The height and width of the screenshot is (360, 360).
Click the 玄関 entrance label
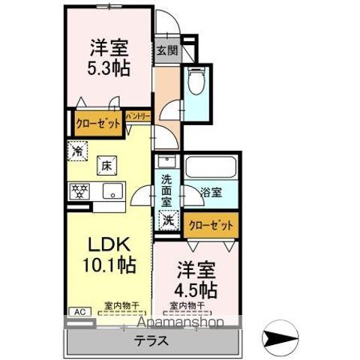click(166, 52)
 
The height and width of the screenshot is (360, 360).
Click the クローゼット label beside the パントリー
click(98, 123)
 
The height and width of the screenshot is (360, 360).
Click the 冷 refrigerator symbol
click(77, 150)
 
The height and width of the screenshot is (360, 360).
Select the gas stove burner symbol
click(79, 191)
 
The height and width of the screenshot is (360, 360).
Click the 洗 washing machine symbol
click(169, 221)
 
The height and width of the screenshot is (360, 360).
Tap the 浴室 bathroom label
click(210, 193)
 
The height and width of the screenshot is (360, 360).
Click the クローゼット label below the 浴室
click(211, 223)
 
